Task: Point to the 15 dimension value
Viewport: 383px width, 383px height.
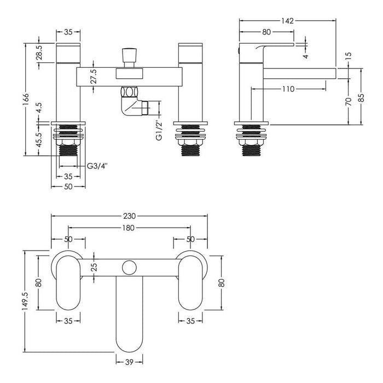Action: [349, 56]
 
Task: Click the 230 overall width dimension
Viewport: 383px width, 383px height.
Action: [129, 217]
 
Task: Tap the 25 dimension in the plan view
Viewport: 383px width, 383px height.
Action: [94, 268]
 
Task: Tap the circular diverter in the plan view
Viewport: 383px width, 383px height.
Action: [129, 268]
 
